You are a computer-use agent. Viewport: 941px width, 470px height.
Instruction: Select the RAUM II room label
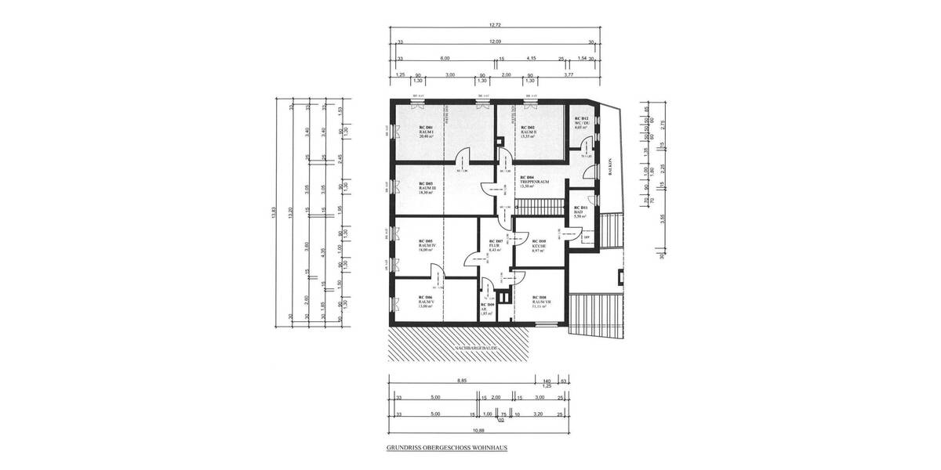529,132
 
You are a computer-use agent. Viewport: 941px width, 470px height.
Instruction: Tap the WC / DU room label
581,121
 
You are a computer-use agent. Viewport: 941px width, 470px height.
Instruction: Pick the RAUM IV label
427,245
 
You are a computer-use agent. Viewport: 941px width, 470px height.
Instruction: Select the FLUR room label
496,245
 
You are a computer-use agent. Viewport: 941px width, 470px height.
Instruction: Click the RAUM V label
426,302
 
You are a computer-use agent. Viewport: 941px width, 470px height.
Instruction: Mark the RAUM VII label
539,302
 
